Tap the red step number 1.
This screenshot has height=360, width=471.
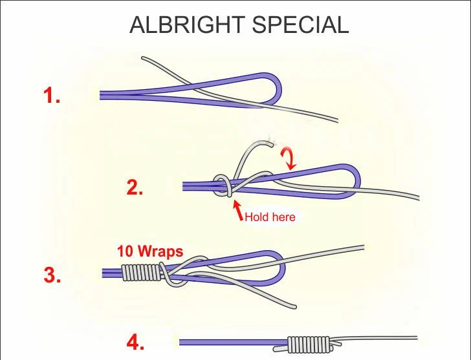[52, 96]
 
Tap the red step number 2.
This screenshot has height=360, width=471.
[135, 188]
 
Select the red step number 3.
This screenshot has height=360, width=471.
[52, 275]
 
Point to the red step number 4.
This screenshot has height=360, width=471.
[135, 343]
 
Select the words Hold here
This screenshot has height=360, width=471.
[270, 217]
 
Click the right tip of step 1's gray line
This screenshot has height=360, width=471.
[337, 120]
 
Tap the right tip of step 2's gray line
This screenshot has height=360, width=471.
[417, 198]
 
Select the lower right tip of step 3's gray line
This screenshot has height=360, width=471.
[295, 306]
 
